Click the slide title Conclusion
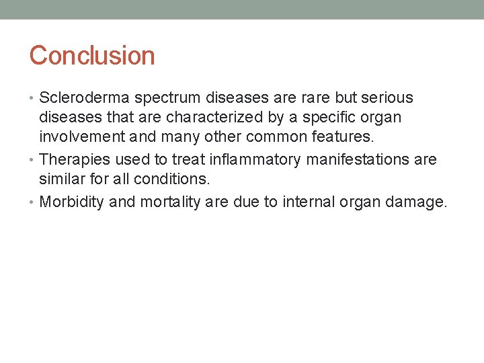(92, 55)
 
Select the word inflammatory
(247, 159)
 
